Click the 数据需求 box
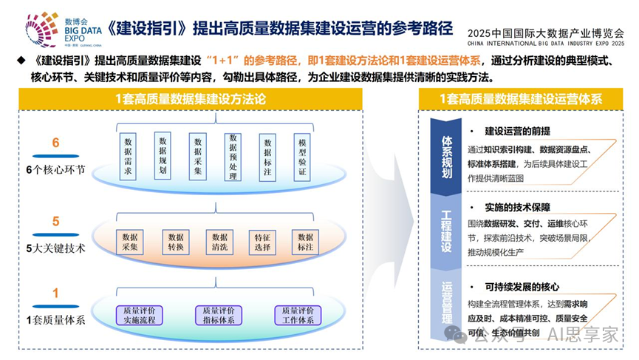(x=128, y=156)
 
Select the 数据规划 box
(x=163, y=156)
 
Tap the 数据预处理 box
(x=233, y=156)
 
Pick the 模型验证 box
(x=301, y=156)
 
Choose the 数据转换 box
(x=175, y=242)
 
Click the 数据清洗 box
(x=219, y=242)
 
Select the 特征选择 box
(x=262, y=242)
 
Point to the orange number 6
(x=55, y=143)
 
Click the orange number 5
(x=55, y=222)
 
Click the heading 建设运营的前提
(x=516, y=131)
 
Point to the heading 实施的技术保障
(x=517, y=208)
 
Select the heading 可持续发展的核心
(x=522, y=287)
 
